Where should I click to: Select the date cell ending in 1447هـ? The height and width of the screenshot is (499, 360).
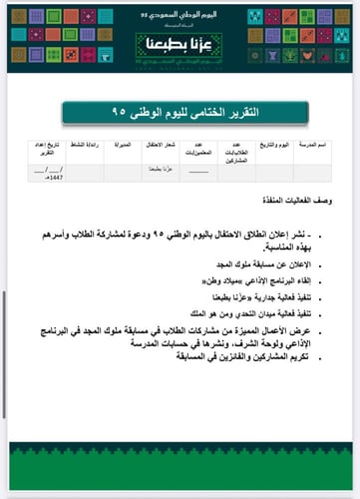click(48, 174)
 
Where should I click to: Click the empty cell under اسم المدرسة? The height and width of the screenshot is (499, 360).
click(311, 171)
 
